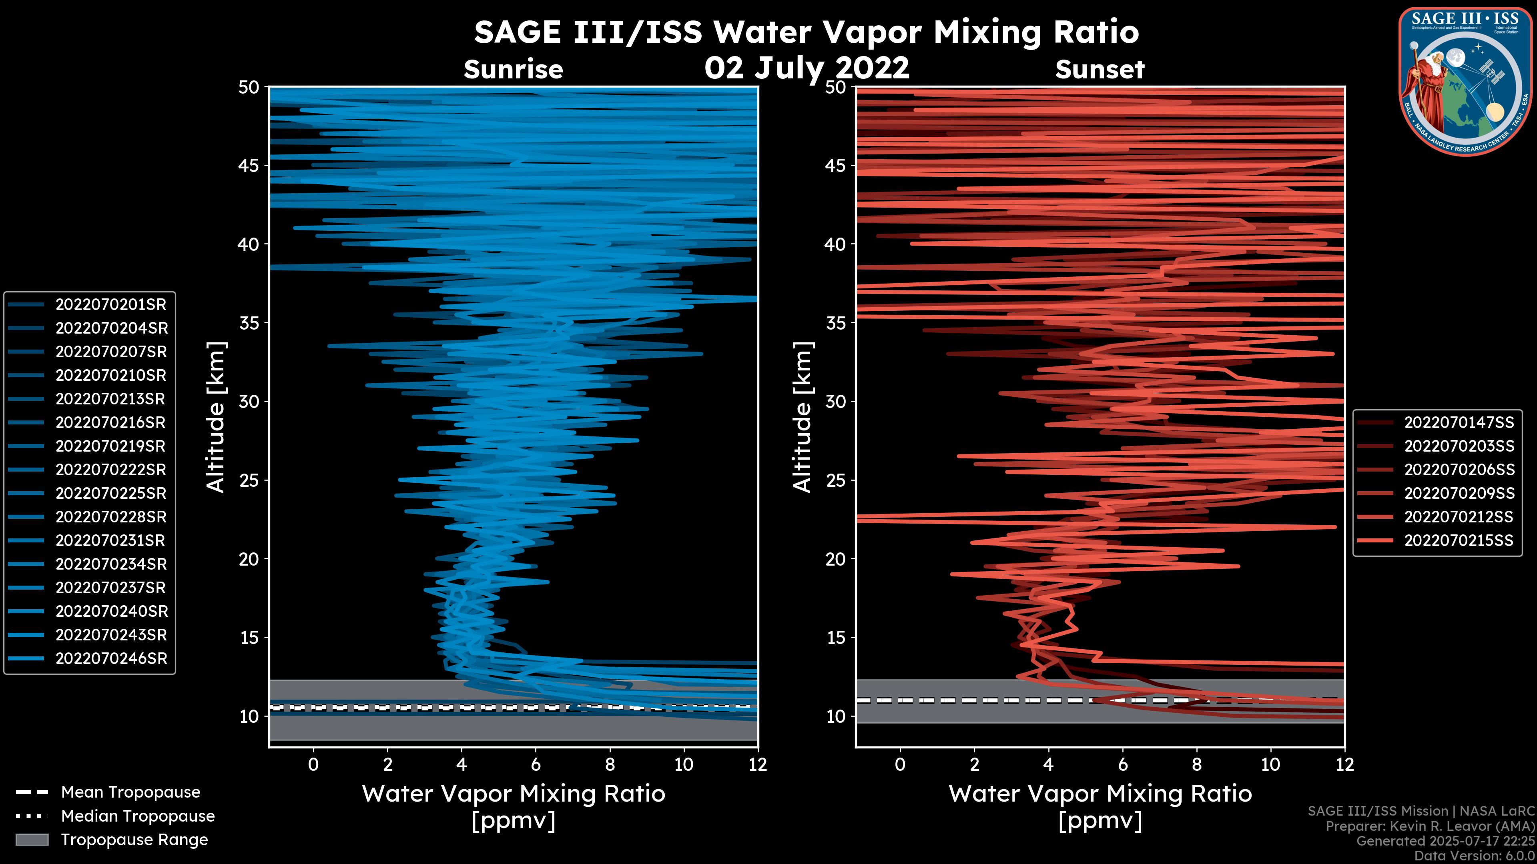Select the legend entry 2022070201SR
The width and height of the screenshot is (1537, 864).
(x=110, y=305)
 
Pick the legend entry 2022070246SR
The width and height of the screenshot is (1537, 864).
(x=110, y=659)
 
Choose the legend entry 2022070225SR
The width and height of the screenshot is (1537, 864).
(x=110, y=494)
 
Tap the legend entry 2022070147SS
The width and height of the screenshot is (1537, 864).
(x=1458, y=423)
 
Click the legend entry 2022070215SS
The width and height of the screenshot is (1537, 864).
(x=1458, y=541)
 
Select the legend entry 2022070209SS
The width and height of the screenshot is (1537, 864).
(x=1458, y=494)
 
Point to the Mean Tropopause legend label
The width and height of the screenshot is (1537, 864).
(x=130, y=792)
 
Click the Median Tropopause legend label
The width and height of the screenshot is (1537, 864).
(x=138, y=816)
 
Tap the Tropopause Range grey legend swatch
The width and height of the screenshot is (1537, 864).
(x=32, y=840)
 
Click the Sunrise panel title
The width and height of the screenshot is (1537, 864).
(x=513, y=70)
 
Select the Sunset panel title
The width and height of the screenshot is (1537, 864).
(x=1100, y=70)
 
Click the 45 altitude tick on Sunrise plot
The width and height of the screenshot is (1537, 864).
(x=249, y=166)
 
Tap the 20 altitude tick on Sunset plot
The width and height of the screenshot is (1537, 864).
(x=836, y=559)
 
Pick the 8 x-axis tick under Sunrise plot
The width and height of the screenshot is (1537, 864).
(x=610, y=764)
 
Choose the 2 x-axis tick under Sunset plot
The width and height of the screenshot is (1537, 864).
(x=974, y=764)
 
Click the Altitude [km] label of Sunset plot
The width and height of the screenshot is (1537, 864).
(x=803, y=417)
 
